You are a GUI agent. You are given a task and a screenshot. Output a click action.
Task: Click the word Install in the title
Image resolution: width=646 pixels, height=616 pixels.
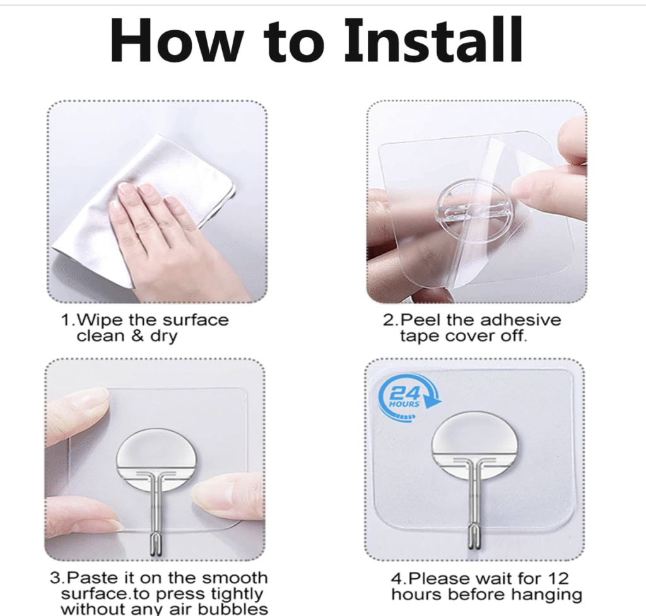tap(433, 40)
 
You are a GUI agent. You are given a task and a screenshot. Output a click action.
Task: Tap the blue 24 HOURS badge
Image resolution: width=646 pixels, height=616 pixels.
tap(409, 399)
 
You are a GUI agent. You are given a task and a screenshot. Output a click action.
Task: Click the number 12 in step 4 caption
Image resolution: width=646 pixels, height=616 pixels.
tap(558, 579)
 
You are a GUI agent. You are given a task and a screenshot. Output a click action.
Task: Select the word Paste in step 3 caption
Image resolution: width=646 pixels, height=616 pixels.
tap(91, 578)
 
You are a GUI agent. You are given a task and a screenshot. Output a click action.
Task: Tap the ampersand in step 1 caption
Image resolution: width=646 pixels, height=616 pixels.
tap(138, 336)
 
